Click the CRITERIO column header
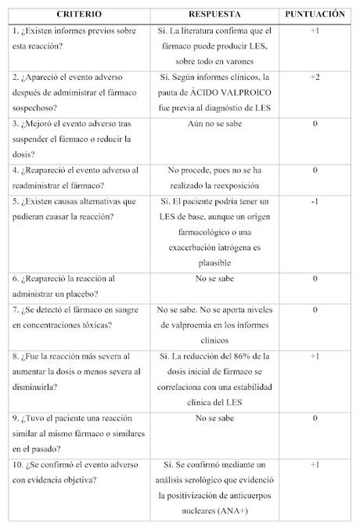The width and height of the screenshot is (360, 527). (x=76, y=14)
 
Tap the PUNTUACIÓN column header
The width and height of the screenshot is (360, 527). (x=315, y=14)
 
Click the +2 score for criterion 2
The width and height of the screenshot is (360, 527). (x=315, y=77)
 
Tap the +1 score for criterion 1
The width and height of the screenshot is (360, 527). (x=315, y=31)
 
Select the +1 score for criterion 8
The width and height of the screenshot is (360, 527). (x=315, y=356)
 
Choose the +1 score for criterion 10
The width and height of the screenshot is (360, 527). (x=315, y=464)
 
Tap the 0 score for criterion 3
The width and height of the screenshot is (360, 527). (x=315, y=124)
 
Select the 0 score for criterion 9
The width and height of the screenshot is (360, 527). (x=315, y=417)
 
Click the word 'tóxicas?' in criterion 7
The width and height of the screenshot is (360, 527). (x=103, y=323)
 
